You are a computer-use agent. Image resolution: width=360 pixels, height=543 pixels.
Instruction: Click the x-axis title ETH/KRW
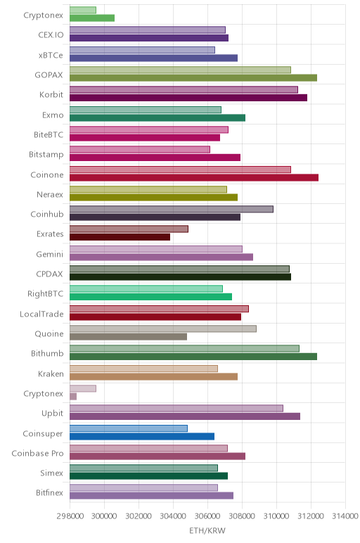pos(207,530)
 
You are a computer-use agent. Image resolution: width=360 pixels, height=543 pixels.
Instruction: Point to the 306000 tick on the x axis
pos(207,516)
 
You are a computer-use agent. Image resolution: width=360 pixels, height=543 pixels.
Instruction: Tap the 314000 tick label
pos(345,516)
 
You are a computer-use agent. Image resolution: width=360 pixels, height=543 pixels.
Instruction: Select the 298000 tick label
pos(70,516)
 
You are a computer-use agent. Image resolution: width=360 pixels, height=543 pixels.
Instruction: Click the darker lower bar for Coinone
pos(194,178)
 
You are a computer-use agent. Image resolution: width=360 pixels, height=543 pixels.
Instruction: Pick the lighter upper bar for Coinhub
pos(172,209)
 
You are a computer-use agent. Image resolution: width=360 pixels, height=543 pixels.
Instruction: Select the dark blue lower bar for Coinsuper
pos(142,436)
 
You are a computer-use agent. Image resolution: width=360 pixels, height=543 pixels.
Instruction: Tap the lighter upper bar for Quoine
pos(163,328)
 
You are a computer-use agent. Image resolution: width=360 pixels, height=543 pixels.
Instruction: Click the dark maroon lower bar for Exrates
pos(120,237)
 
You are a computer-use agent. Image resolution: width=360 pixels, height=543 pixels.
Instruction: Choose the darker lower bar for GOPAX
pos(193,78)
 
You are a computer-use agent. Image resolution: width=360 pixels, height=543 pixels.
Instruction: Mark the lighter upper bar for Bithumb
pos(184,348)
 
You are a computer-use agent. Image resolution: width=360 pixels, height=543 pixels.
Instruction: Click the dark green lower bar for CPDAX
pos(180,277)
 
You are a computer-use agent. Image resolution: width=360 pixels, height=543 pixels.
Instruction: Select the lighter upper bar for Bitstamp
pos(140,150)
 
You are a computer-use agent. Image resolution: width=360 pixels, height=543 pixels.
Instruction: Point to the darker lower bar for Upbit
pos(185,416)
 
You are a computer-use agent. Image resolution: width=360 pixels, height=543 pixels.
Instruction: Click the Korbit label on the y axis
pos(51,94)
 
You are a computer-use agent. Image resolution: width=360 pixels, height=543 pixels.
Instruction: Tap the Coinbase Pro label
pos(37,453)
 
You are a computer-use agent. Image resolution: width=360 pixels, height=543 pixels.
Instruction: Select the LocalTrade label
pos(41,314)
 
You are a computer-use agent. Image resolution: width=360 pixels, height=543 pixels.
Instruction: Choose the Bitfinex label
pos(49,493)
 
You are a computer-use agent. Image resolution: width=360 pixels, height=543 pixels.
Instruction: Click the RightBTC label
pos(45,294)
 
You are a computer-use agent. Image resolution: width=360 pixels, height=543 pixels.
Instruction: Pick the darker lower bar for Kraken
pos(154,377)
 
